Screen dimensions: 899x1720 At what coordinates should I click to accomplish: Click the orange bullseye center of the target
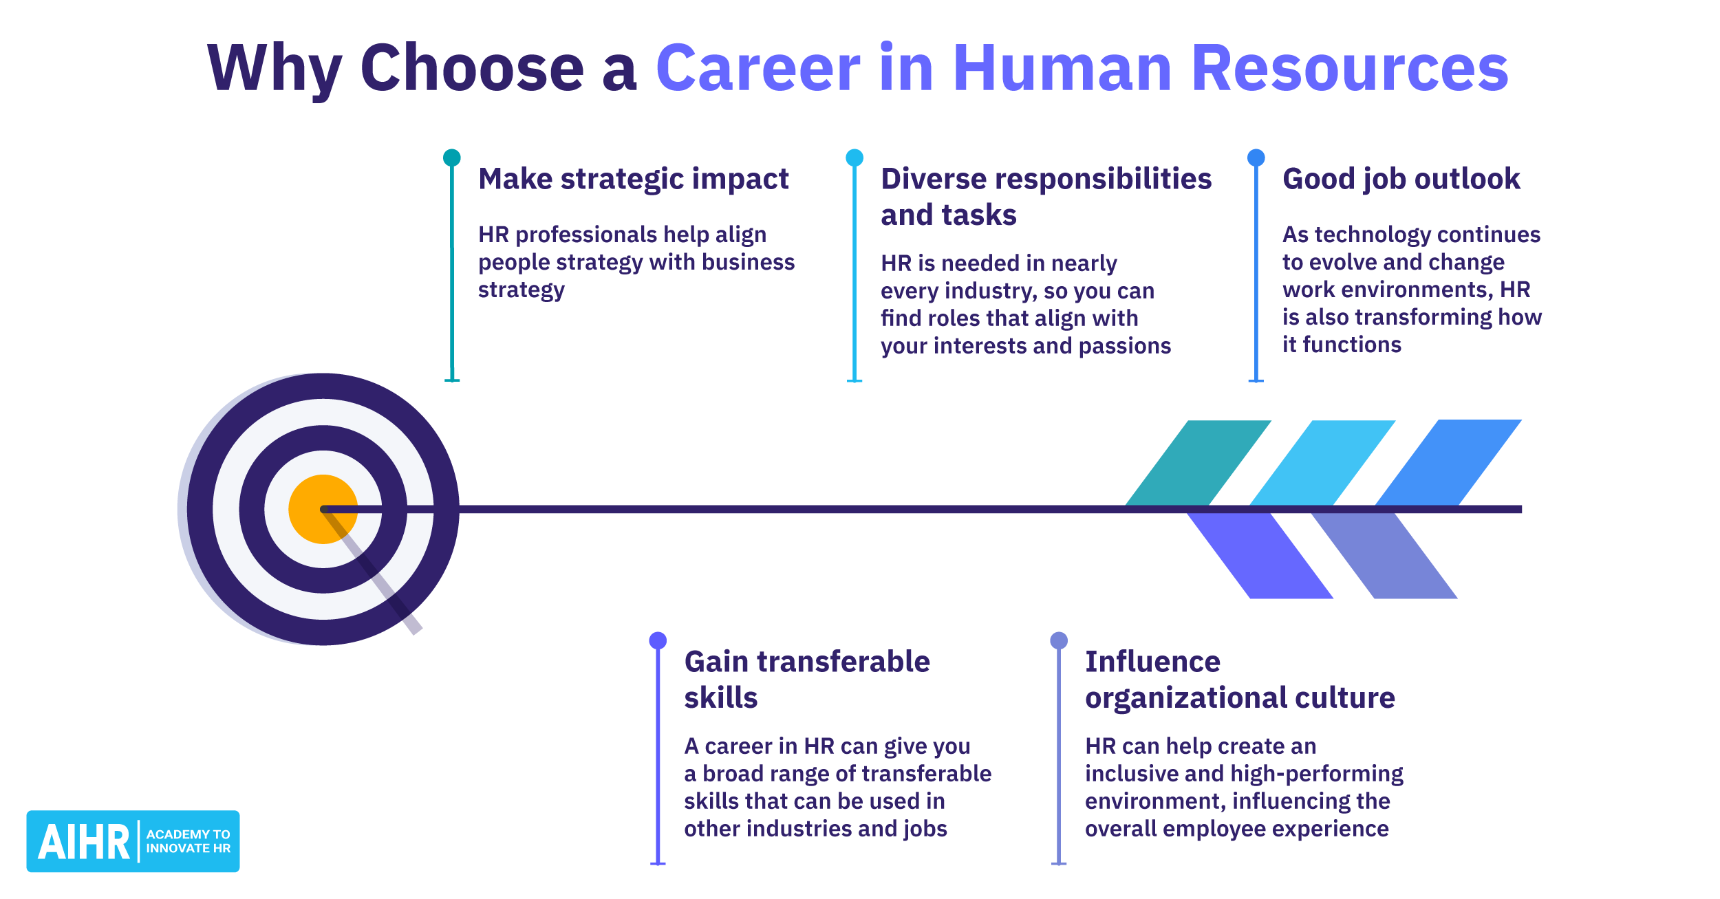(323, 509)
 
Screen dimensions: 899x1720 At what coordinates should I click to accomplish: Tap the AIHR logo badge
(133, 841)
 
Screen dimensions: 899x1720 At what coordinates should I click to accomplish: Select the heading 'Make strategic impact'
(633, 179)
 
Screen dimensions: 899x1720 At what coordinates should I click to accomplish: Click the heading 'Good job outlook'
(1401, 179)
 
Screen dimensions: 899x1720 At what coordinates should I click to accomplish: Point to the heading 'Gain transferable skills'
(806, 679)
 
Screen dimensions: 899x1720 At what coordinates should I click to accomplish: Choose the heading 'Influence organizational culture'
(1239, 679)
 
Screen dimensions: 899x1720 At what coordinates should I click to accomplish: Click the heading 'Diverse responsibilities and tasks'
(1045, 197)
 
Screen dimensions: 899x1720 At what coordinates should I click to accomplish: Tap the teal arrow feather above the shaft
(1198, 463)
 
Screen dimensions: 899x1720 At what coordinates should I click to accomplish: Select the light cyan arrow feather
(1322, 463)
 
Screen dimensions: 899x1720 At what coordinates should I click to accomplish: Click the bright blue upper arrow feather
(1448, 462)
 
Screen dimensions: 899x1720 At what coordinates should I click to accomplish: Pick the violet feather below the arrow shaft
(1260, 556)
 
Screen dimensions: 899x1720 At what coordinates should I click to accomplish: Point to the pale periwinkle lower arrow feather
(1384, 556)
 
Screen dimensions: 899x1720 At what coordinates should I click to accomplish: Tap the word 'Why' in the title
(275, 68)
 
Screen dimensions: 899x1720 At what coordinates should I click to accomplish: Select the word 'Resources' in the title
(1349, 68)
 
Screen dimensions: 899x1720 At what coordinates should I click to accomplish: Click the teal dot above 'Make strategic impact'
(451, 158)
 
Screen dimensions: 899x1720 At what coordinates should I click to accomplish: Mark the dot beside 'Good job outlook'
(1256, 158)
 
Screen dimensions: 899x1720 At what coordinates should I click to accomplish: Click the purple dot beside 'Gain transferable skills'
(658, 640)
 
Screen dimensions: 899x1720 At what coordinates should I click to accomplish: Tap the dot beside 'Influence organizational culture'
(1059, 640)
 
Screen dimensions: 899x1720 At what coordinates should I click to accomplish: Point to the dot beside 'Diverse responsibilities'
(854, 158)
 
